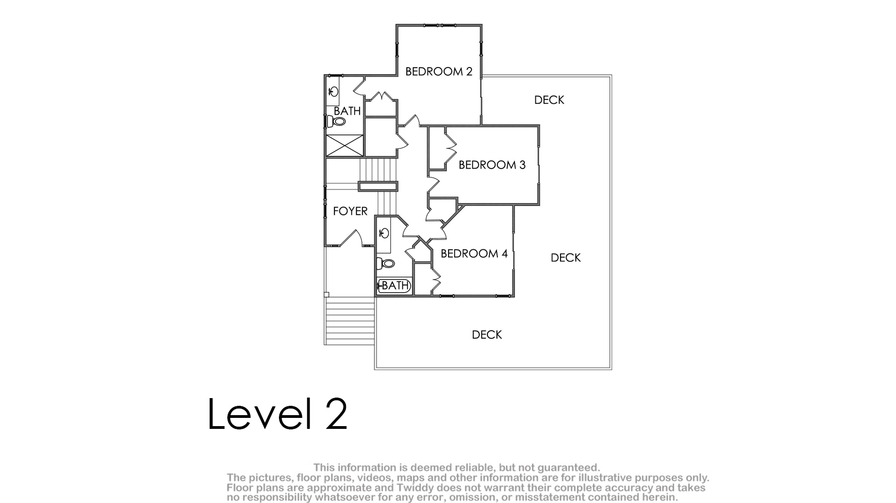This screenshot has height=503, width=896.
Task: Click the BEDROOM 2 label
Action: point(439,71)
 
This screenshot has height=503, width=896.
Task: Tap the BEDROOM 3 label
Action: point(492,165)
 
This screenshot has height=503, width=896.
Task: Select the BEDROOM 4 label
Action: point(474,254)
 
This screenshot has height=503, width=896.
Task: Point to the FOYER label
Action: point(350,211)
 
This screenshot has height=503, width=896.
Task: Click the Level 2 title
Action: point(277,414)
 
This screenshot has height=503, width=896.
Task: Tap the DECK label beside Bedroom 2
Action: point(549,100)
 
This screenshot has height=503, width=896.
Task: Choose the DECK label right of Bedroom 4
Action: point(565,258)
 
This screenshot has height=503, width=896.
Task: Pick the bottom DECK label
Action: point(487,334)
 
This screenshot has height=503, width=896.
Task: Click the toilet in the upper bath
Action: point(336,121)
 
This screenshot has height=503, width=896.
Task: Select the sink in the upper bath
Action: point(333,92)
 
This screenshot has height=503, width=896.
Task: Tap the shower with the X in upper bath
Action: point(345,146)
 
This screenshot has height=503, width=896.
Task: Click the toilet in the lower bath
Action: point(385,264)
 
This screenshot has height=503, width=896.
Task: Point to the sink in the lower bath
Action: point(384,233)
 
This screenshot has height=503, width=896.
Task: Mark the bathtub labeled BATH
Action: point(394,286)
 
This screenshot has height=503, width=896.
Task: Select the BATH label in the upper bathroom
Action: point(347,111)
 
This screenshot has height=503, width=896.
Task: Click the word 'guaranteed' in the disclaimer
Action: point(568,468)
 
